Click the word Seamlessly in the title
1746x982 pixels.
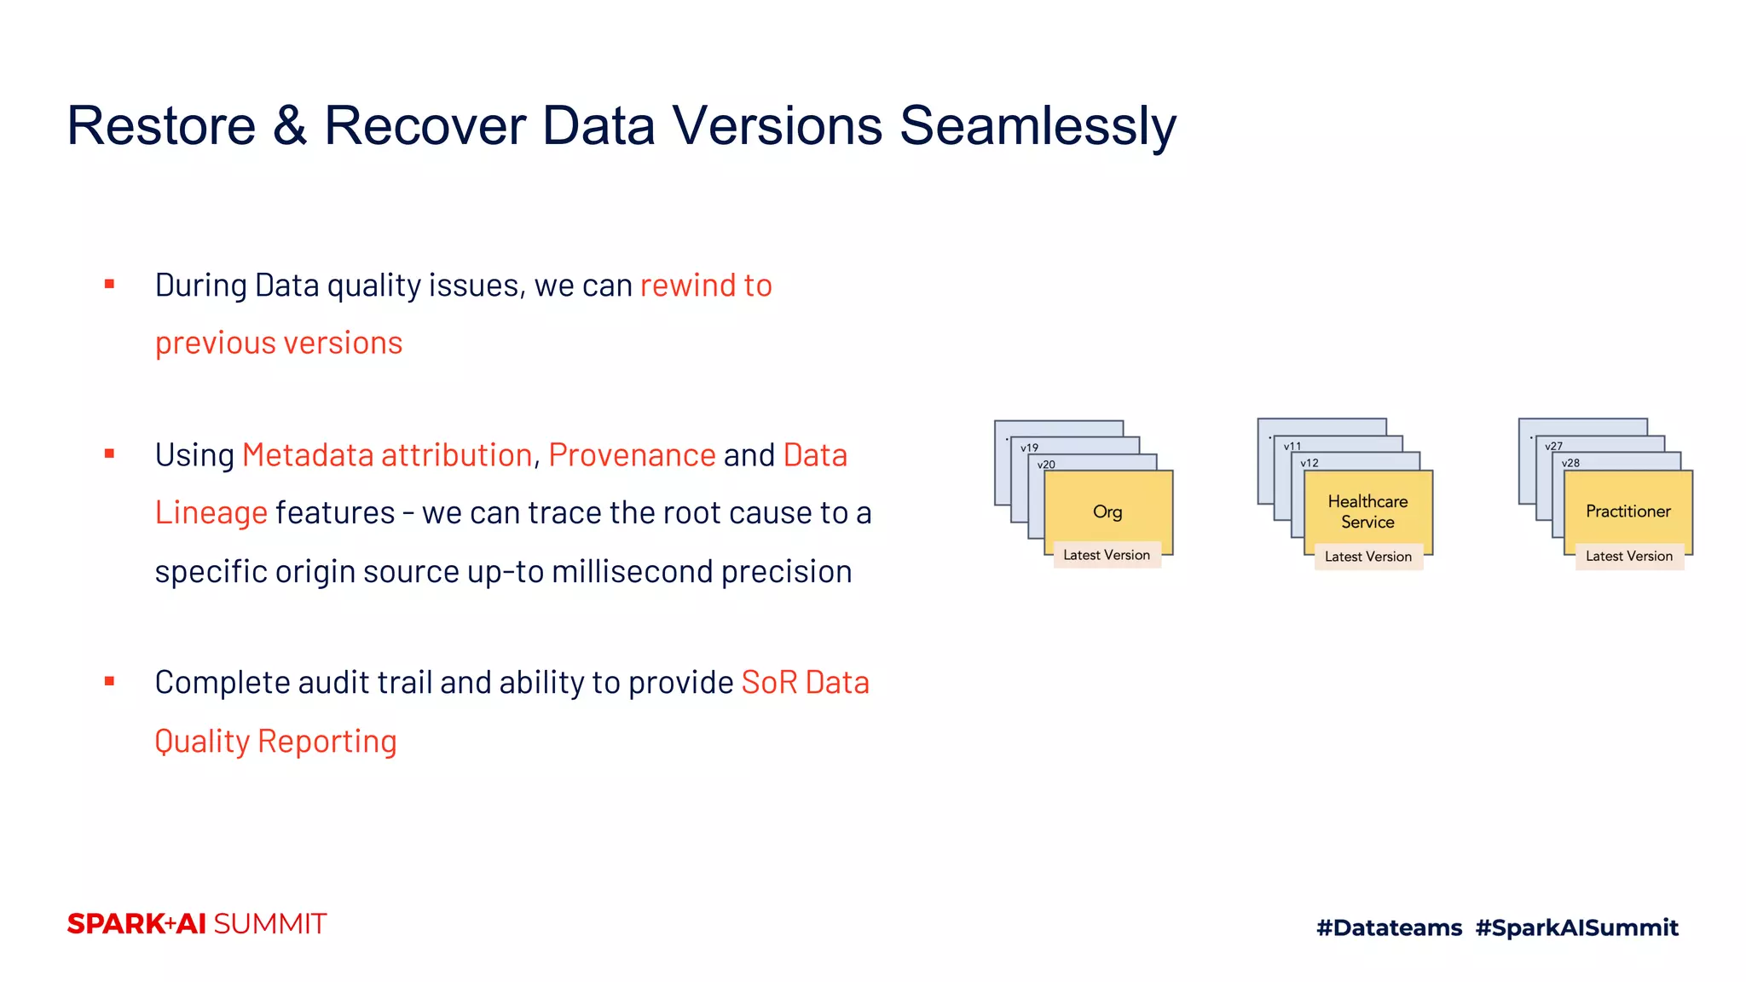tap(1038, 126)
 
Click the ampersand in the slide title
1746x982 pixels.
tap(290, 126)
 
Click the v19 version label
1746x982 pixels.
tap(1029, 448)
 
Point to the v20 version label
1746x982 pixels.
tap(1046, 465)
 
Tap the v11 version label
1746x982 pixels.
tap(1292, 446)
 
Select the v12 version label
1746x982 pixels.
tap(1309, 463)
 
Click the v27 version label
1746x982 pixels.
tap(1553, 446)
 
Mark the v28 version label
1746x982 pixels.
tap(1570, 463)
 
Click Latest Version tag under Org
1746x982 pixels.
tap(1107, 555)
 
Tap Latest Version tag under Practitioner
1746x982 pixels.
tap(1628, 557)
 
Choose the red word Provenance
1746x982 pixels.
tap(632, 455)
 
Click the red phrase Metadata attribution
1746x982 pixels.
tap(387, 455)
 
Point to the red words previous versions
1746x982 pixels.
tap(279, 343)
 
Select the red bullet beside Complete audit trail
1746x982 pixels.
tap(109, 681)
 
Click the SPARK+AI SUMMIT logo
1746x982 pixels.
tap(197, 924)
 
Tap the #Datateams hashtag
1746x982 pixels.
tap(1389, 927)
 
